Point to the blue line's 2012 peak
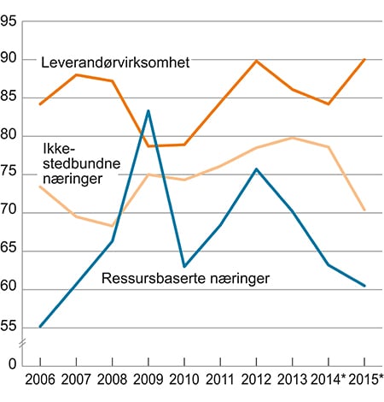257,168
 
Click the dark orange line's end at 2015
365,59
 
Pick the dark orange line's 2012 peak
257,61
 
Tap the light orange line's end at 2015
365,210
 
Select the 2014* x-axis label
329,381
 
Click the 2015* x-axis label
365,381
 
